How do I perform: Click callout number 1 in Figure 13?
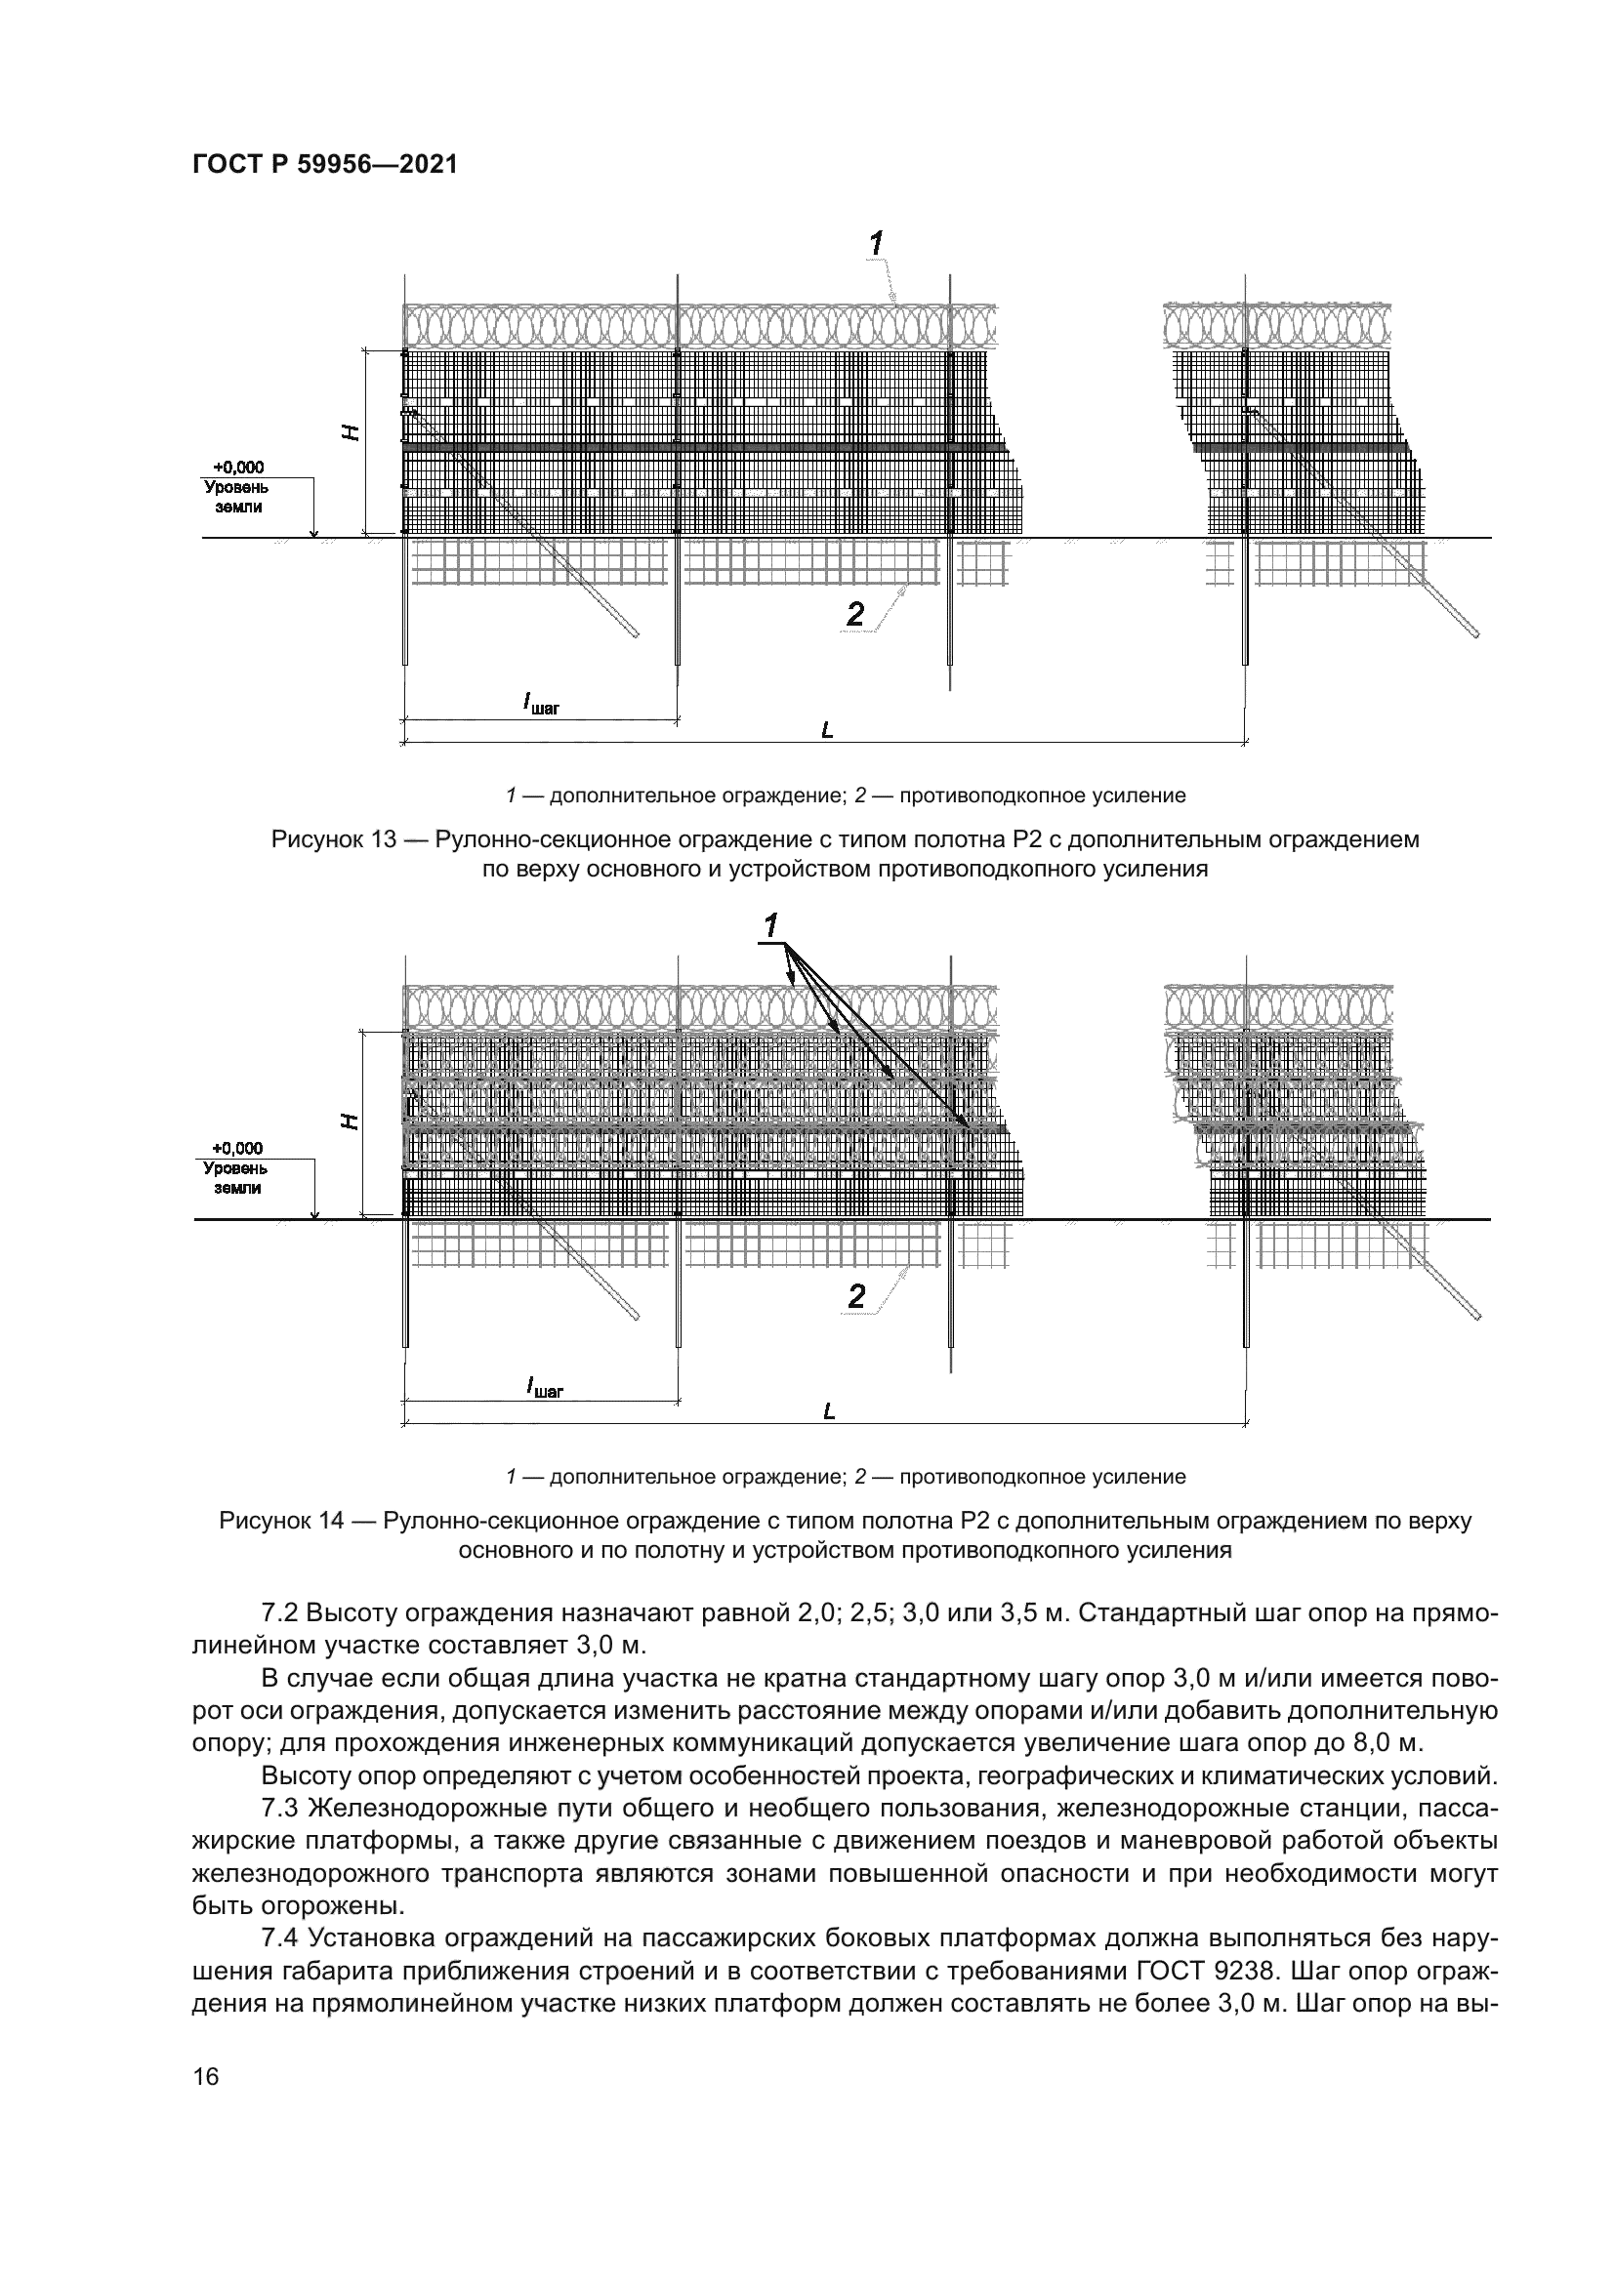coord(876,242)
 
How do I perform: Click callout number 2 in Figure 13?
coord(855,616)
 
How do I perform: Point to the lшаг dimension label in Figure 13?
coord(542,704)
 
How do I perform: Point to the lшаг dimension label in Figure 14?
coord(542,1386)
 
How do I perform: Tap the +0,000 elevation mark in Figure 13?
coord(238,467)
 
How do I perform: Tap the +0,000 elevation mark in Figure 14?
coord(238,1149)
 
